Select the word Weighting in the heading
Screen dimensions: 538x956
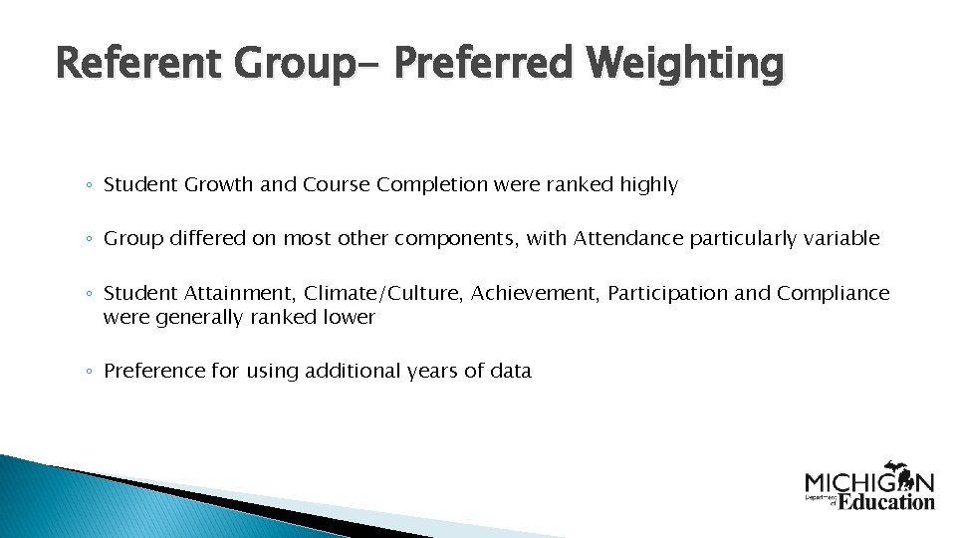686,65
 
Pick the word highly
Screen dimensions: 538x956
648,184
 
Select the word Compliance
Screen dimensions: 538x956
834,293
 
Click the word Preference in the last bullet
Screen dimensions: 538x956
154,372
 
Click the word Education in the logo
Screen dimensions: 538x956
886,501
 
